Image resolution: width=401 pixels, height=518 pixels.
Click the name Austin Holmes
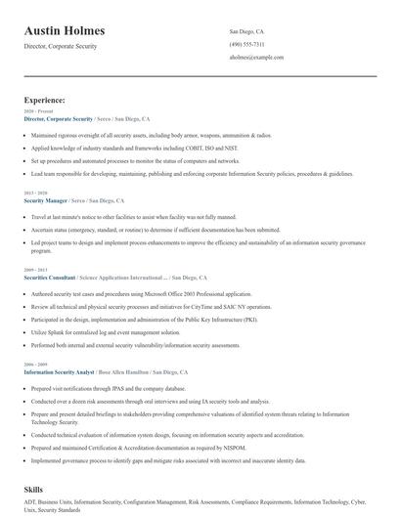(x=65, y=31)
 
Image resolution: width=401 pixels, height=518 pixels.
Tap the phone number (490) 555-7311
(x=248, y=45)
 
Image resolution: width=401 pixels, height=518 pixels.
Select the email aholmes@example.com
(x=256, y=58)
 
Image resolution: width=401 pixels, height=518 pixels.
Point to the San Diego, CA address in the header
(x=246, y=32)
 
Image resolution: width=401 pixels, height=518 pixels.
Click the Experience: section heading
(x=45, y=100)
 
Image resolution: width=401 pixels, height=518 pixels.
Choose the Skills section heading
(x=34, y=488)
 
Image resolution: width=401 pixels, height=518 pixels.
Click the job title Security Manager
(x=45, y=199)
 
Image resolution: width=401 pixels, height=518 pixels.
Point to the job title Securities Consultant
(x=49, y=277)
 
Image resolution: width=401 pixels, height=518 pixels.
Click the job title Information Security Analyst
(x=59, y=372)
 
